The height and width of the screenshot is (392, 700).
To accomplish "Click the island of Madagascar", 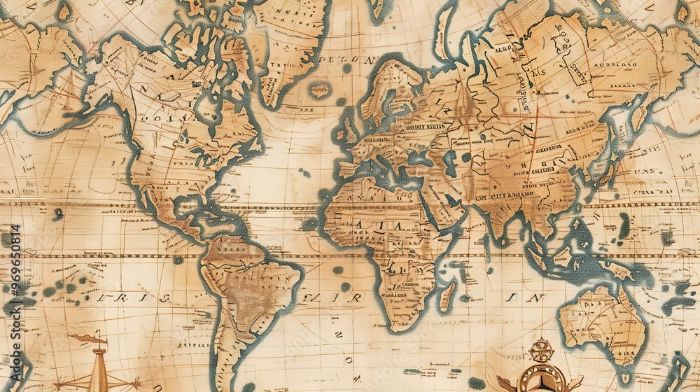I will [x=447, y=296].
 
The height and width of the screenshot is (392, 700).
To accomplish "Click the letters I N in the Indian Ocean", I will [x=534, y=297].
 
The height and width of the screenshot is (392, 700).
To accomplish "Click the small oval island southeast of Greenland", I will [x=321, y=90].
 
